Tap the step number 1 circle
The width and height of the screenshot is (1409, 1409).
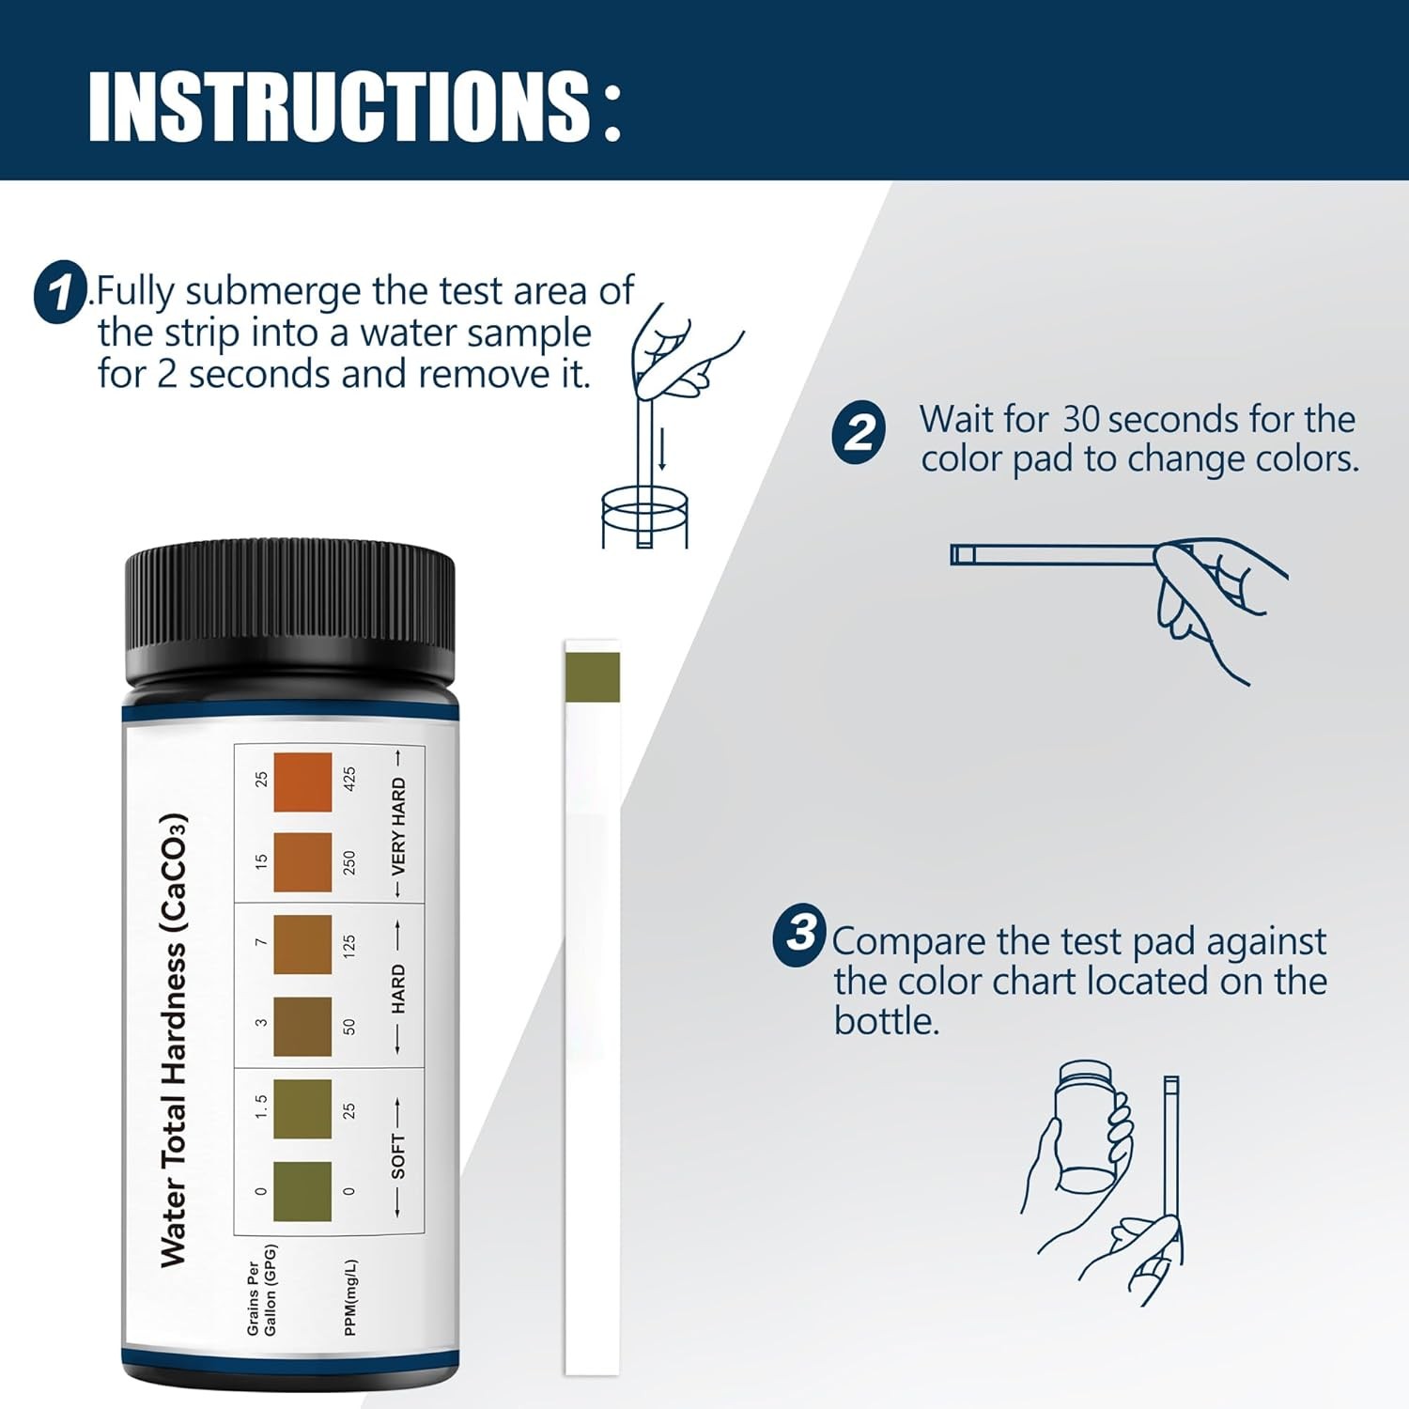pyautogui.click(x=61, y=292)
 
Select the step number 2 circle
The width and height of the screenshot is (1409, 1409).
pyautogui.click(x=859, y=432)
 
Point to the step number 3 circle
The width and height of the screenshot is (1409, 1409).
pyautogui.click(x=799, y=935)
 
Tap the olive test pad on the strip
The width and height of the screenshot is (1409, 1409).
pyautogui.click(x=592, y=676)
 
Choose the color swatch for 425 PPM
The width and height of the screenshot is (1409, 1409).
pyautogui.click(x=302, y=782)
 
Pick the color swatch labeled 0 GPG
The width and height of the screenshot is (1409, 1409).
pyautogui.click(x=302, y=1191)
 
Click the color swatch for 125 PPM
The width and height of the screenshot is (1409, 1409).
pyautogui.click(x=302, y=944)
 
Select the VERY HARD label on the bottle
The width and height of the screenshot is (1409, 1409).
pyautogui.click(x=398, y=825)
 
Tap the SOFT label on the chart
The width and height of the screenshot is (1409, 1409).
pyautogui.click(x=398, y=1155)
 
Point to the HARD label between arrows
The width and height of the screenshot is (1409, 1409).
pyautogui.click(x=398, y=988)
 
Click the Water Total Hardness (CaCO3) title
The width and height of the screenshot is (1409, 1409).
pyautogui.click(x=174, y=1040)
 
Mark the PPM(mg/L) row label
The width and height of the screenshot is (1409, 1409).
pyautogui.click(x=350, y=1297)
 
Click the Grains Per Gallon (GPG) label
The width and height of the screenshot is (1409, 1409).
pyautogui.click(x=261, y=1290)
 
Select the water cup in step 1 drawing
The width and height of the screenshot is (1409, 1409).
pyautogui.click(x=644, y=518)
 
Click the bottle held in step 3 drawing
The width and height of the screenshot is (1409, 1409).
pyautogui.click(x=1086, y=1127)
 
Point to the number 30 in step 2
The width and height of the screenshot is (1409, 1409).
pyautogui.click(x=1080, y=420)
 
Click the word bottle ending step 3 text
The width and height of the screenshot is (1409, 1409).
pyautogui.click(x=886, y=1021)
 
